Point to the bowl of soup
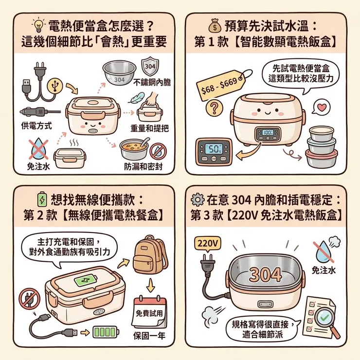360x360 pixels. tap(134, 145)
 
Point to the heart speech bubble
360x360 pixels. tap(321, 106)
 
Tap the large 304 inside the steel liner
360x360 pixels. tap(266, 274)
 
